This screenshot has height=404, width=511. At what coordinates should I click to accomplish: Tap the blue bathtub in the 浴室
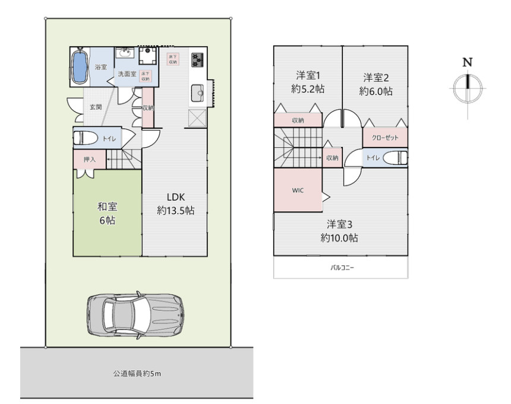pos(80,67)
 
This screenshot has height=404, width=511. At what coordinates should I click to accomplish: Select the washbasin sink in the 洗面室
pos(125,55)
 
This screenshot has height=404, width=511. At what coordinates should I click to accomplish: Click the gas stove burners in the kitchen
pos(197,60)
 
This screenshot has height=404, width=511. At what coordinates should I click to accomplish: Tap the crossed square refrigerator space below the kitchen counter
pos(197,118)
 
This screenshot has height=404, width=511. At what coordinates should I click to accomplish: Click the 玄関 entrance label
pos(95,107)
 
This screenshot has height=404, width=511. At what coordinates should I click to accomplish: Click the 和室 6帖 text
pos(107,214)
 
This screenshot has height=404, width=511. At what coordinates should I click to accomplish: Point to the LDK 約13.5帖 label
pos(176,203)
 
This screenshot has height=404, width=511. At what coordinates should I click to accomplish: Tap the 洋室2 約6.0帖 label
pos(376,84)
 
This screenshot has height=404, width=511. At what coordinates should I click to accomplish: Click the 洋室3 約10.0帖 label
pos(339,231)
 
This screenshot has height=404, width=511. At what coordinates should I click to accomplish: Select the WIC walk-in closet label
pos(297,191)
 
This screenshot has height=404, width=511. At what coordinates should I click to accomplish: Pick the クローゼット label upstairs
pos(385,137)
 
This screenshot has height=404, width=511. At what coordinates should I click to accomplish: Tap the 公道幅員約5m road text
pos(137,374)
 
